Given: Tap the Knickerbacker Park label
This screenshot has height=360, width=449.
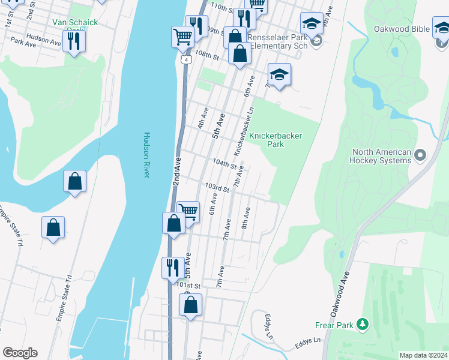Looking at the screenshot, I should point(275,140).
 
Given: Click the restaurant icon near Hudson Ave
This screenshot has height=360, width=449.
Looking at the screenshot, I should point(74,41).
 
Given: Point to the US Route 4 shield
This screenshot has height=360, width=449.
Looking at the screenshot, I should point(188,61).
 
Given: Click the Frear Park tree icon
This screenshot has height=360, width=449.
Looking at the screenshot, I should point(362,325).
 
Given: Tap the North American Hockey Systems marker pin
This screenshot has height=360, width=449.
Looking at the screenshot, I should point(420,156).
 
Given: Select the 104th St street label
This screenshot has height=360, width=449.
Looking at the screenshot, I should point(224,163).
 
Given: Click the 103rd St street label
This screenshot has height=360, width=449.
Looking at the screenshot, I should point(218,188).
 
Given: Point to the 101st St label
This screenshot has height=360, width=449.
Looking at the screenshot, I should point(188,287).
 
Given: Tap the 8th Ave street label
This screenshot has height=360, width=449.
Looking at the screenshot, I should point(246,218).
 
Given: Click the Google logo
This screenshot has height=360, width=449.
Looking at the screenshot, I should point(20,353).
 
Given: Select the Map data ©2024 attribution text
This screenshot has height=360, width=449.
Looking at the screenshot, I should point(423,355).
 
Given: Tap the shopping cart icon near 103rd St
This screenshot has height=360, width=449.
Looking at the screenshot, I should point(188,211).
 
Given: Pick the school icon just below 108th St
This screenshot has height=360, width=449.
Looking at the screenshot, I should point(279,75).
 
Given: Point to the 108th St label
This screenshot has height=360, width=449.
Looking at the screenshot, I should point(207,54).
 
